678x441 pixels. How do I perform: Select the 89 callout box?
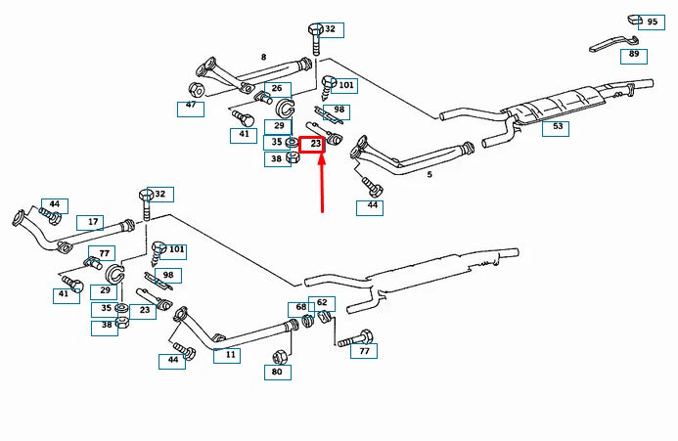click(634, 55)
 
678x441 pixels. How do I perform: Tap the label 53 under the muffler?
click(558, 126)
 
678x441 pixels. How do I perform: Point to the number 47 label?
click(191, 106)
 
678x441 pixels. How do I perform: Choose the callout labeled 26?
click(276, 89)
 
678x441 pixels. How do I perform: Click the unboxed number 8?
click(263, 57)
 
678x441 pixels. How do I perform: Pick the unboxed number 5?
click(429, 174)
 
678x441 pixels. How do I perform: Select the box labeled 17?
click(91, 223)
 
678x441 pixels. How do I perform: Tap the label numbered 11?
click(227, 355)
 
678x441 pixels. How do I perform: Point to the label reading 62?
click(322, 302)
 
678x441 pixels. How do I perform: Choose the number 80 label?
click(277, 372)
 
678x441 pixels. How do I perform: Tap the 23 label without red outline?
click(145, 311)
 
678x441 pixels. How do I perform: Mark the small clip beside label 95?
click(633, 19)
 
